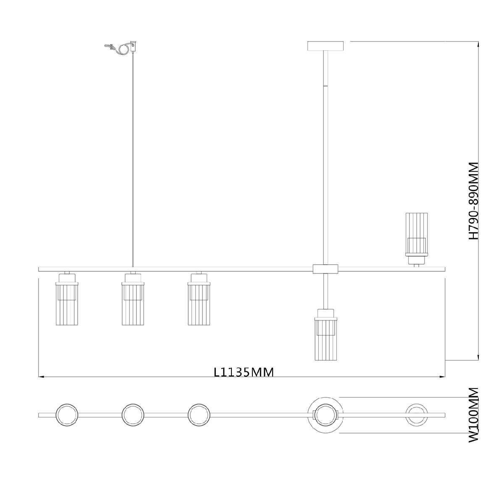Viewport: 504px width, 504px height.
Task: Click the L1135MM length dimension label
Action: pos(244,372)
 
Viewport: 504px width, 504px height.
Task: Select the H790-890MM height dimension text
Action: pos(473,201)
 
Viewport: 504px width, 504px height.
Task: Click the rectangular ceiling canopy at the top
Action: pos(325,46)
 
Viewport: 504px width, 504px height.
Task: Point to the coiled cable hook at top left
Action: pos(121,47)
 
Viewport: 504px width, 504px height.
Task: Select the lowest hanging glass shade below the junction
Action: pos(325,335)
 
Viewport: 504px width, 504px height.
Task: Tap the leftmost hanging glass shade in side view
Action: pos(67,299)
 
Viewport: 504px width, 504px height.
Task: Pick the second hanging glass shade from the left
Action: pos(133,299)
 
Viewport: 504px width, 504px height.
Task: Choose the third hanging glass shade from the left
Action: pos(199,299)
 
